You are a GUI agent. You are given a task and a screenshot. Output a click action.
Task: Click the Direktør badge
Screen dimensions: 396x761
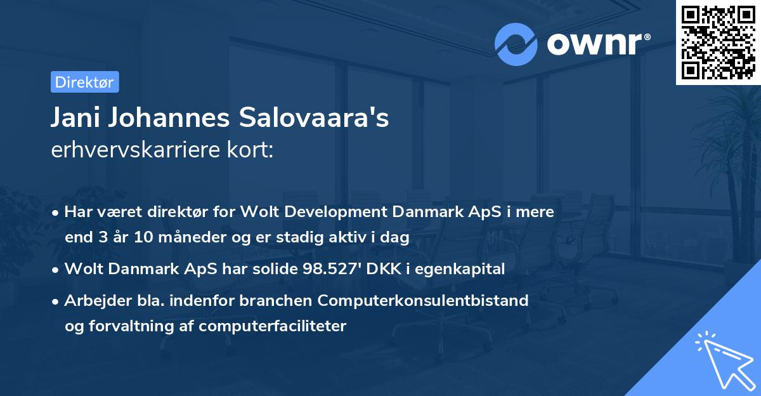pyautogui.click(x=84, y=82)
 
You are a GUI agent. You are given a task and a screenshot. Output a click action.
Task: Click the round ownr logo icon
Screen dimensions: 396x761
pyautogui.click(x=516, y=44)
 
